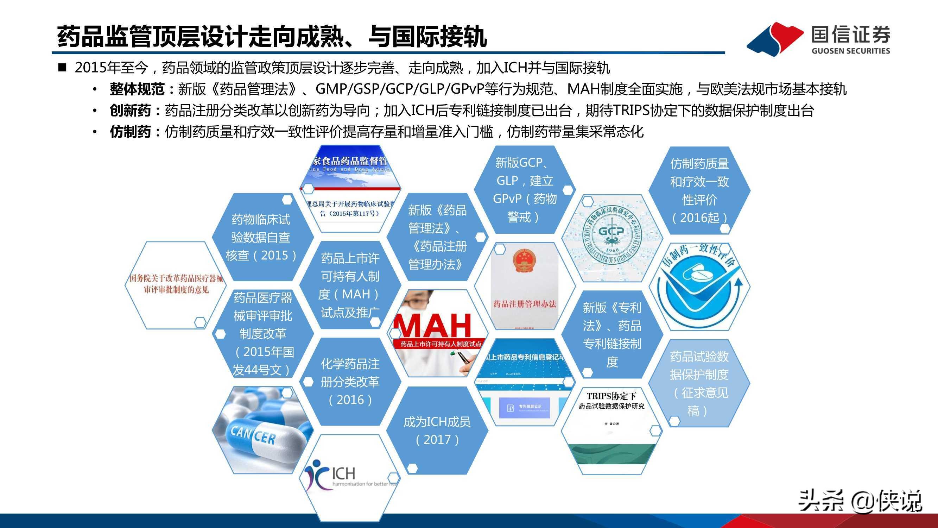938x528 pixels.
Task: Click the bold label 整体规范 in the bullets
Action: pyautogui.click(x=137, y=89)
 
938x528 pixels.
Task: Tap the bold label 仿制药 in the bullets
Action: pyautogui.click(x=130, y=132)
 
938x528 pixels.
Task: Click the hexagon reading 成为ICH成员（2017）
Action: pyautogui.click(x=437, y=430)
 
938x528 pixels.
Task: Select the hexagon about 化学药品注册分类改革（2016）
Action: pyautogui.click(x=350, y=382)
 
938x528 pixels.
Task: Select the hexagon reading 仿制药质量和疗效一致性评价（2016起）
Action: pyautogui.click(x=699, y=190)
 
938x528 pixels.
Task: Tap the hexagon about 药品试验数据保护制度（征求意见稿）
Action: pyautogui.click(x=699, y=383)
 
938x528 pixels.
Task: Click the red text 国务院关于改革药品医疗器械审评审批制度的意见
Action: pyautogui.click(x=176, y=284)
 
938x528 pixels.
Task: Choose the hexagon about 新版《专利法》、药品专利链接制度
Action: pyautogui.click(x=612, y=334)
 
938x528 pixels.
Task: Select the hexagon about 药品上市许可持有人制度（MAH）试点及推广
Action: pyautogui.click(x=350, y=285)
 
